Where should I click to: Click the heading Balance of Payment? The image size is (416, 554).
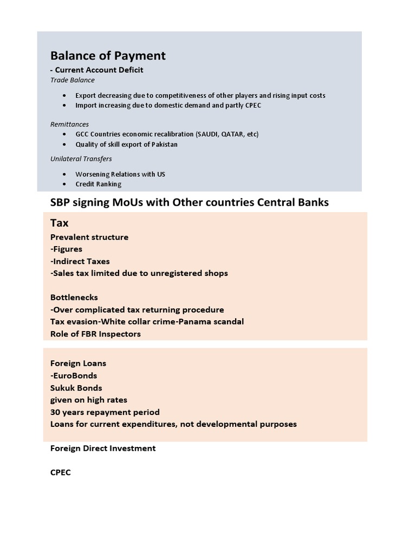108,56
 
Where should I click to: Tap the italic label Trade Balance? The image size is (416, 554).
72,80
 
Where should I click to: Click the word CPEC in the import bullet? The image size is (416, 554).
252,105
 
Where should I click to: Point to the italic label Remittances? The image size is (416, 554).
69,124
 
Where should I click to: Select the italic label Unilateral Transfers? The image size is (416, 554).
81,159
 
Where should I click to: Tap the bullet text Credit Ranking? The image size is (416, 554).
98,184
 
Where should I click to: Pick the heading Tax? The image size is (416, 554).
59,223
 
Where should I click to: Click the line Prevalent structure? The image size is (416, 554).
89,237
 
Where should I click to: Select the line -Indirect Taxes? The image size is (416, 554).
80,261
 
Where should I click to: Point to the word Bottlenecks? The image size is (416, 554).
74,298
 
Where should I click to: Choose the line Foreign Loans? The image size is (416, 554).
78,364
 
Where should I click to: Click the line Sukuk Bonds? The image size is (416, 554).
76,388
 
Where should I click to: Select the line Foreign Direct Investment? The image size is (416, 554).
103,449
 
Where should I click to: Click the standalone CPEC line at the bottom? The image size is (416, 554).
61,472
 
